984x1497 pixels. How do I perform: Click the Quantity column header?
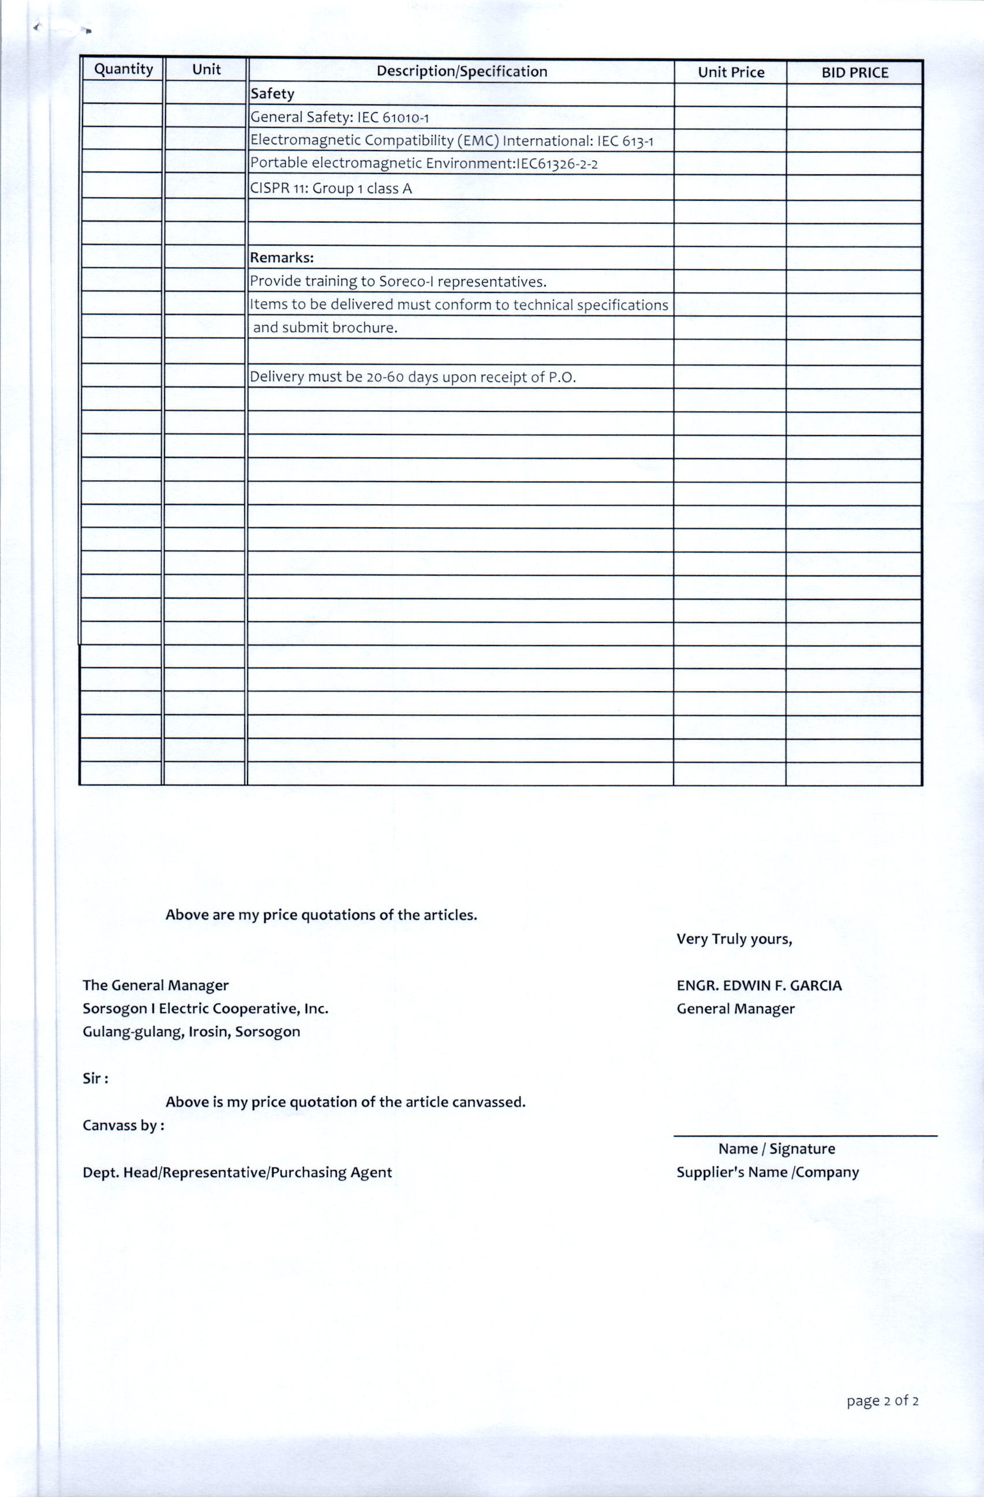[124, 69]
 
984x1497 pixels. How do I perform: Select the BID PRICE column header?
[854, 73]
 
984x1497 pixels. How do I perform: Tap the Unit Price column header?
[731, 72]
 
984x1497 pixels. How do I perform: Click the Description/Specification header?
[462, 71]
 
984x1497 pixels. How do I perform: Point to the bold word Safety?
[272, 93]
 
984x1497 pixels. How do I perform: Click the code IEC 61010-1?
[393, 118]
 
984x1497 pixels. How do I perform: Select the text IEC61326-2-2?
[557, 164]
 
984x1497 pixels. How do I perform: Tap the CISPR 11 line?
[331, 188]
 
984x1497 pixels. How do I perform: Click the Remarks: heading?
[282, 257]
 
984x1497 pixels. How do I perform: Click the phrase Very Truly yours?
[734, 939]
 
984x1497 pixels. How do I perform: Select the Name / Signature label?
[776, 1149]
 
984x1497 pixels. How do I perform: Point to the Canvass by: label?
[124, 1125]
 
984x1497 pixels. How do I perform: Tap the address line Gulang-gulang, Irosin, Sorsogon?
[191, 1031]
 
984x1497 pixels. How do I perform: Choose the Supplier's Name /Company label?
[767, 1172]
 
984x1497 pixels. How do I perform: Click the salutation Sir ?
[95, 1079]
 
